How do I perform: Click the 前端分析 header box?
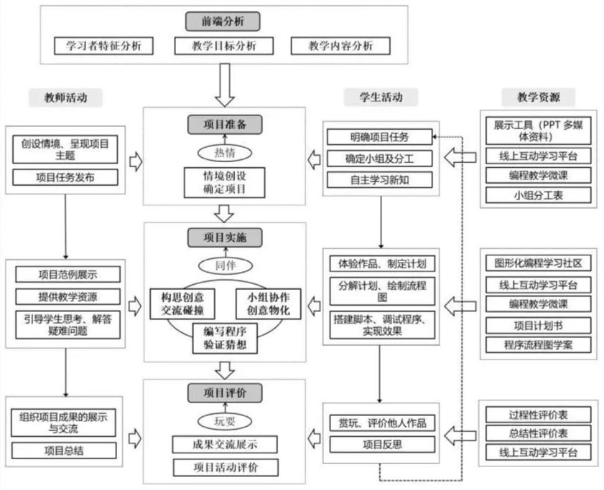click(223, 21)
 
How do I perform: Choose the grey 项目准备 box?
click(224, 123)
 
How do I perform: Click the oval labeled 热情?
click(224, 152)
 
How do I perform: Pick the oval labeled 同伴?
click(224, 265)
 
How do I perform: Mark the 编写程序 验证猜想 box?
click(225, 337)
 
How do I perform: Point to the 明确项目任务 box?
click(380, 136)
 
